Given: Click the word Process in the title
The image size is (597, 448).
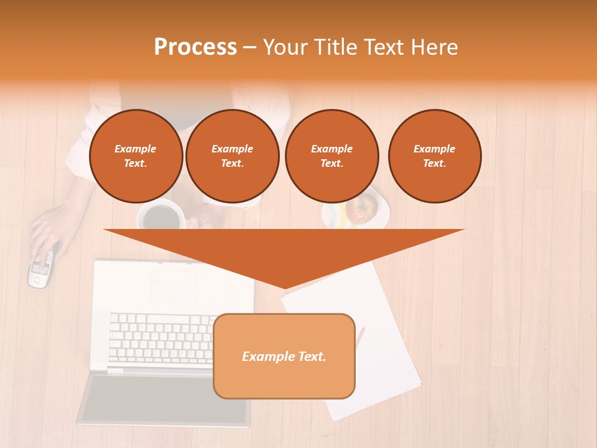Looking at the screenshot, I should coord(195,47).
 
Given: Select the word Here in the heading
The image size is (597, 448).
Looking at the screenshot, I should coord(433,47).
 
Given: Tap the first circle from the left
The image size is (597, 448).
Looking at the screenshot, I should coord(136,156).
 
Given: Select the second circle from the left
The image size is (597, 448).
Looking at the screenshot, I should coord(232,156).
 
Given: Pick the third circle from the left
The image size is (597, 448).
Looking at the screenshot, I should coord(331,156).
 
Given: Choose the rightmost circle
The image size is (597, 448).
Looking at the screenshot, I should coord(434,156).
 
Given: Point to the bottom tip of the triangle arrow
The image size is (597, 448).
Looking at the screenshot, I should coord(285,288).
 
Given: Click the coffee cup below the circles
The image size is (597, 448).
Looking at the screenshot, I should coord(161,217).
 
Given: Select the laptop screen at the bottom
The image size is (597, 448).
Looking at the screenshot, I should coord(165,398).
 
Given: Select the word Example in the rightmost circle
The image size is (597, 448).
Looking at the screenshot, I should coord(434,149).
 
